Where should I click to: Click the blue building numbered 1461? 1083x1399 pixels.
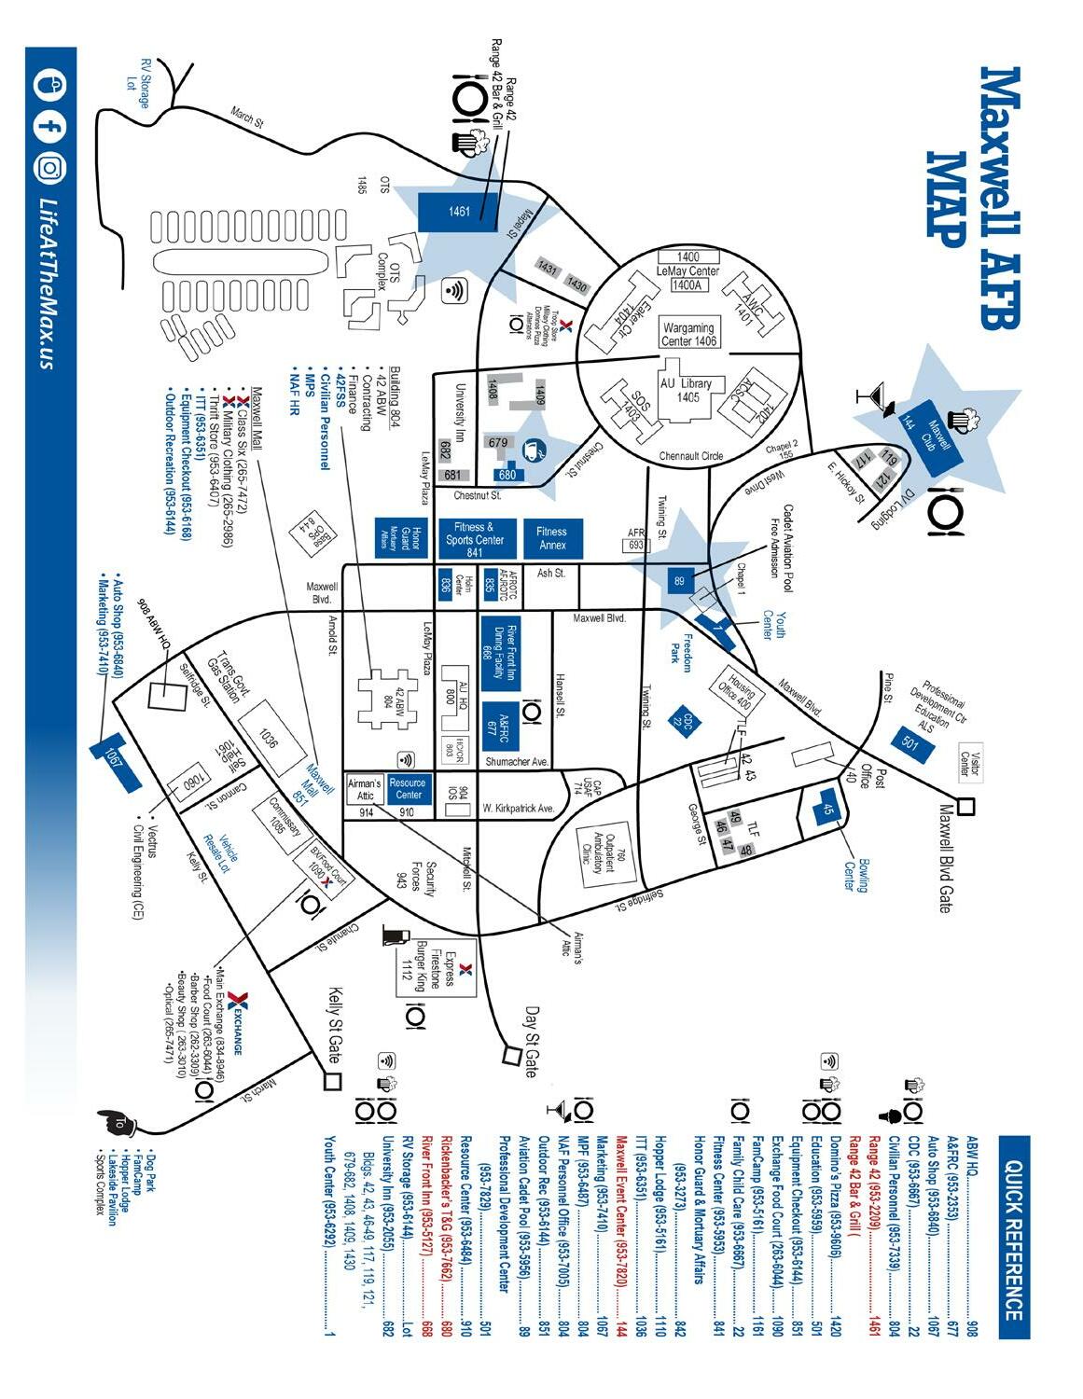(459, 212)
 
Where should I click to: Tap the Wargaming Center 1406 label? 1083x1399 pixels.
(689, 334)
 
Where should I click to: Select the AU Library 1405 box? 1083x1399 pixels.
(686, 390)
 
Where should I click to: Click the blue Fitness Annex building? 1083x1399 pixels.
(552, 538)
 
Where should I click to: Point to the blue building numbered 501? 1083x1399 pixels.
(909, 742)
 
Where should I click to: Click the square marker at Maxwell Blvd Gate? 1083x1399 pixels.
(966, 806)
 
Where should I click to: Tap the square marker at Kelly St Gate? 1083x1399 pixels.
(332, 1082)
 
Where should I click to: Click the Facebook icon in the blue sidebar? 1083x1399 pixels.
(50, 127)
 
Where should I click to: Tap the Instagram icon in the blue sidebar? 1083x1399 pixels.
(50, 168)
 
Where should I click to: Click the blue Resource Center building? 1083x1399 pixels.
(408, 789)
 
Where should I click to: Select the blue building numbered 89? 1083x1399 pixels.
(679, 581)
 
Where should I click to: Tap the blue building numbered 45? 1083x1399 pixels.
(827, 810)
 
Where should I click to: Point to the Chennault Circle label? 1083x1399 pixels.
(691, 456)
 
